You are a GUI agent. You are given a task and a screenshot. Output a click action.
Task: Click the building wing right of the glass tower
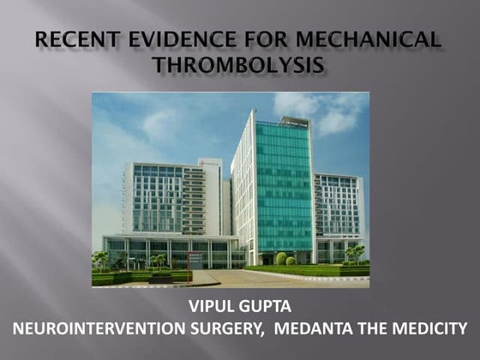pyautogui.click(x=337, y=210)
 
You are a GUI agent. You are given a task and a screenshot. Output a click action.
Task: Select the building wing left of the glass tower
pyautogui.click(x=167, y=201)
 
